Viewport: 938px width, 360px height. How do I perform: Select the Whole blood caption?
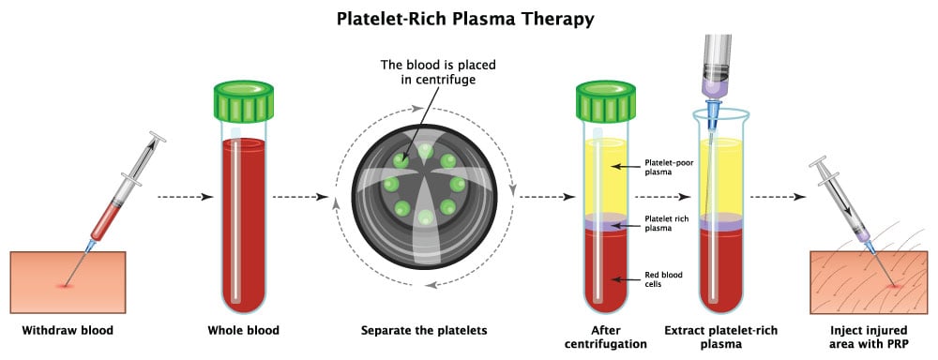click(x=243, y=330)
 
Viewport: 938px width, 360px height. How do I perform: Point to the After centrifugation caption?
click(x=607, y=337)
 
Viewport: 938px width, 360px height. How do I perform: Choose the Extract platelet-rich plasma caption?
click(x=719, y=337)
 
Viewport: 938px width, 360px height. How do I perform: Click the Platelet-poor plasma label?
click(x=668, y=166)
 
